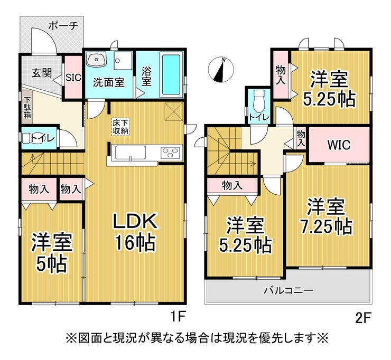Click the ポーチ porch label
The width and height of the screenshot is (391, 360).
pos(63,26)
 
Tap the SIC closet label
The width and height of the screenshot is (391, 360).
pos(73,78)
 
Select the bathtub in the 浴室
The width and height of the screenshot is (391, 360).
pos(171,75)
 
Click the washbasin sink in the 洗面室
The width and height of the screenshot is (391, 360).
pos(96,60)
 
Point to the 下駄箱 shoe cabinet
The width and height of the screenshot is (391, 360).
pos(27,108)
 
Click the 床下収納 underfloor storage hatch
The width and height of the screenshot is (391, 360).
pos(120,127)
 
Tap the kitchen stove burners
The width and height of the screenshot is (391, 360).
pos(170,152)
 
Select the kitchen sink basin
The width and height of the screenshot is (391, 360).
pos(131,153)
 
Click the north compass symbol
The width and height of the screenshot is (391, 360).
pos(221,70)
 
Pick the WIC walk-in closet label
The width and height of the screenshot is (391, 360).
pos(339,145)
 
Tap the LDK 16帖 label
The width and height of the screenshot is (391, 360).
pos(135,232)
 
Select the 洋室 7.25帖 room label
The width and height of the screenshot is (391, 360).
pos(326,216)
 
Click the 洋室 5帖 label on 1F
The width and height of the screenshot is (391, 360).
pos(52,252)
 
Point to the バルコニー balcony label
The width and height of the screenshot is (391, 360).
pos(289,290)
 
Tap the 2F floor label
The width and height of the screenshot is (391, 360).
pos(364,318)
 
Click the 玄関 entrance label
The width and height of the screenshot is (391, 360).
pos(42,73)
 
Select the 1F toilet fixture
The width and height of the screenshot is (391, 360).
pos(31,138)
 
